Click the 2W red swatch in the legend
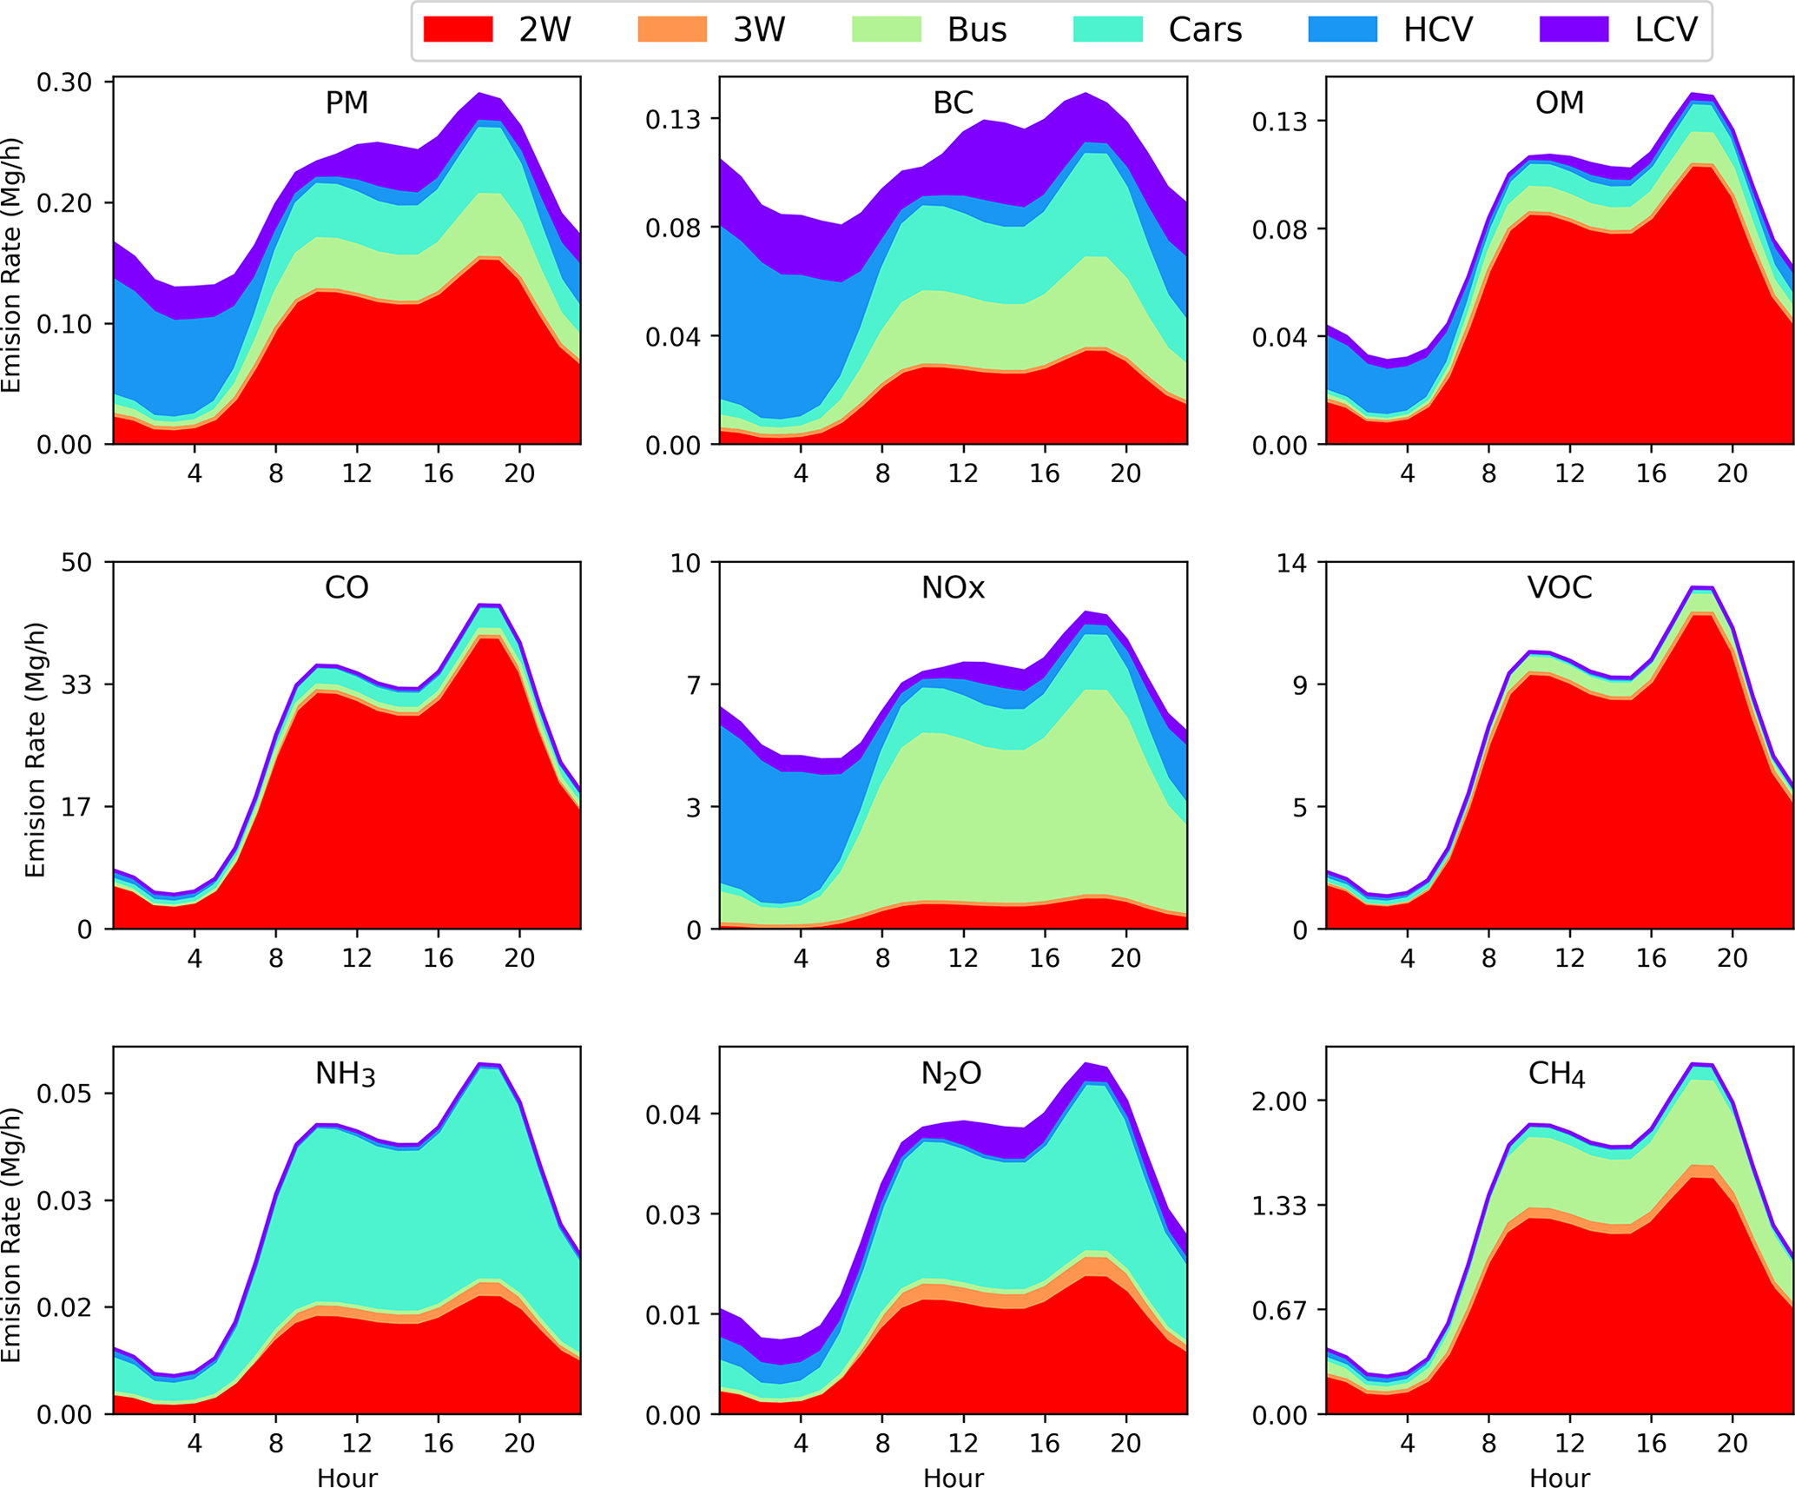pyautogui.click(x=458, y=30)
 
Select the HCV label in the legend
pyautogui.click(x=1437, y=30)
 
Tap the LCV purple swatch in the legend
pyautogui.click(x=1574, y=30)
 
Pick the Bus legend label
pyautogui.click(x=977, y=30)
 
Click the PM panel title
pyautogui.click(x=346, y=103)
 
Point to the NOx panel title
pyautogui.click(x=953, y=588)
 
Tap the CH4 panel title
pyautogui.click(x=1557, y=1075)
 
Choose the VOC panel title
pyautogui.click(x=1560, y=588)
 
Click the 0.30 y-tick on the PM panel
pyautogui.click(x=63, y=83)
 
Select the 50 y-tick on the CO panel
pyautogui.click(x=76, y=563)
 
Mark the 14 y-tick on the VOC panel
pyautogui.click(x=1290, y=563)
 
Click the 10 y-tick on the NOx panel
pyautogui.click(x=684, y=563)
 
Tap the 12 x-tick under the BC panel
pyautogui.click(x=963, y=473)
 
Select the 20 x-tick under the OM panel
pyautogui.click(x=1732, y=473)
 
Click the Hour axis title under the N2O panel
pyautogui.click(x=953, y=1478)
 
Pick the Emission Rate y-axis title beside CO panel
pyautogui.click(x=35, y=750)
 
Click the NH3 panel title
pyautogui.click(x=345, y=1075)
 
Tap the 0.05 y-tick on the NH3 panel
pyautogui.click(x=63, y=1093)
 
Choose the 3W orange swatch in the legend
pyautogui.click(x=672, y=30)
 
